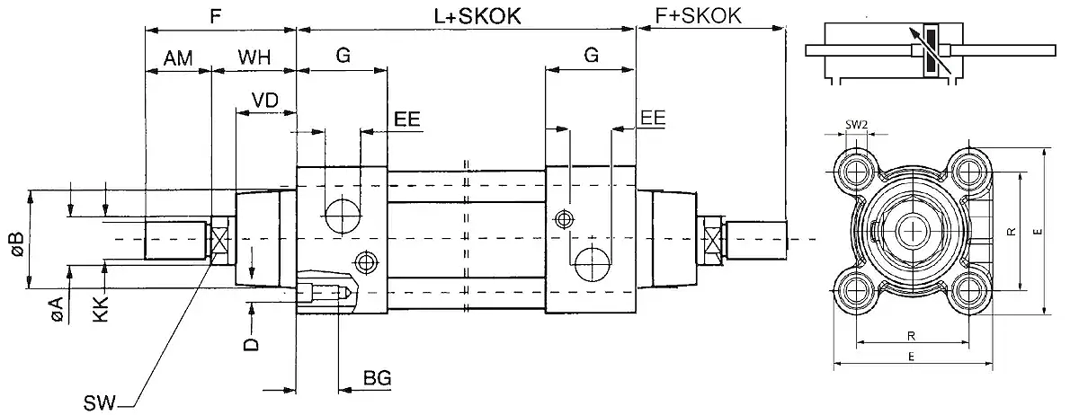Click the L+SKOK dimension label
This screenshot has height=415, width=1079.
[x=466, y=15]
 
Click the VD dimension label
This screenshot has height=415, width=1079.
[x=263, y=100]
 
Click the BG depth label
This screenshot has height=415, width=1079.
[x=377, y=378]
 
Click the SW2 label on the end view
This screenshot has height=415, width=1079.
[x=856, y=125]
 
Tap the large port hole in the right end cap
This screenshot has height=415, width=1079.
[x=592, y=260]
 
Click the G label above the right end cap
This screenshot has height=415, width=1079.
[x=591, y=55]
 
